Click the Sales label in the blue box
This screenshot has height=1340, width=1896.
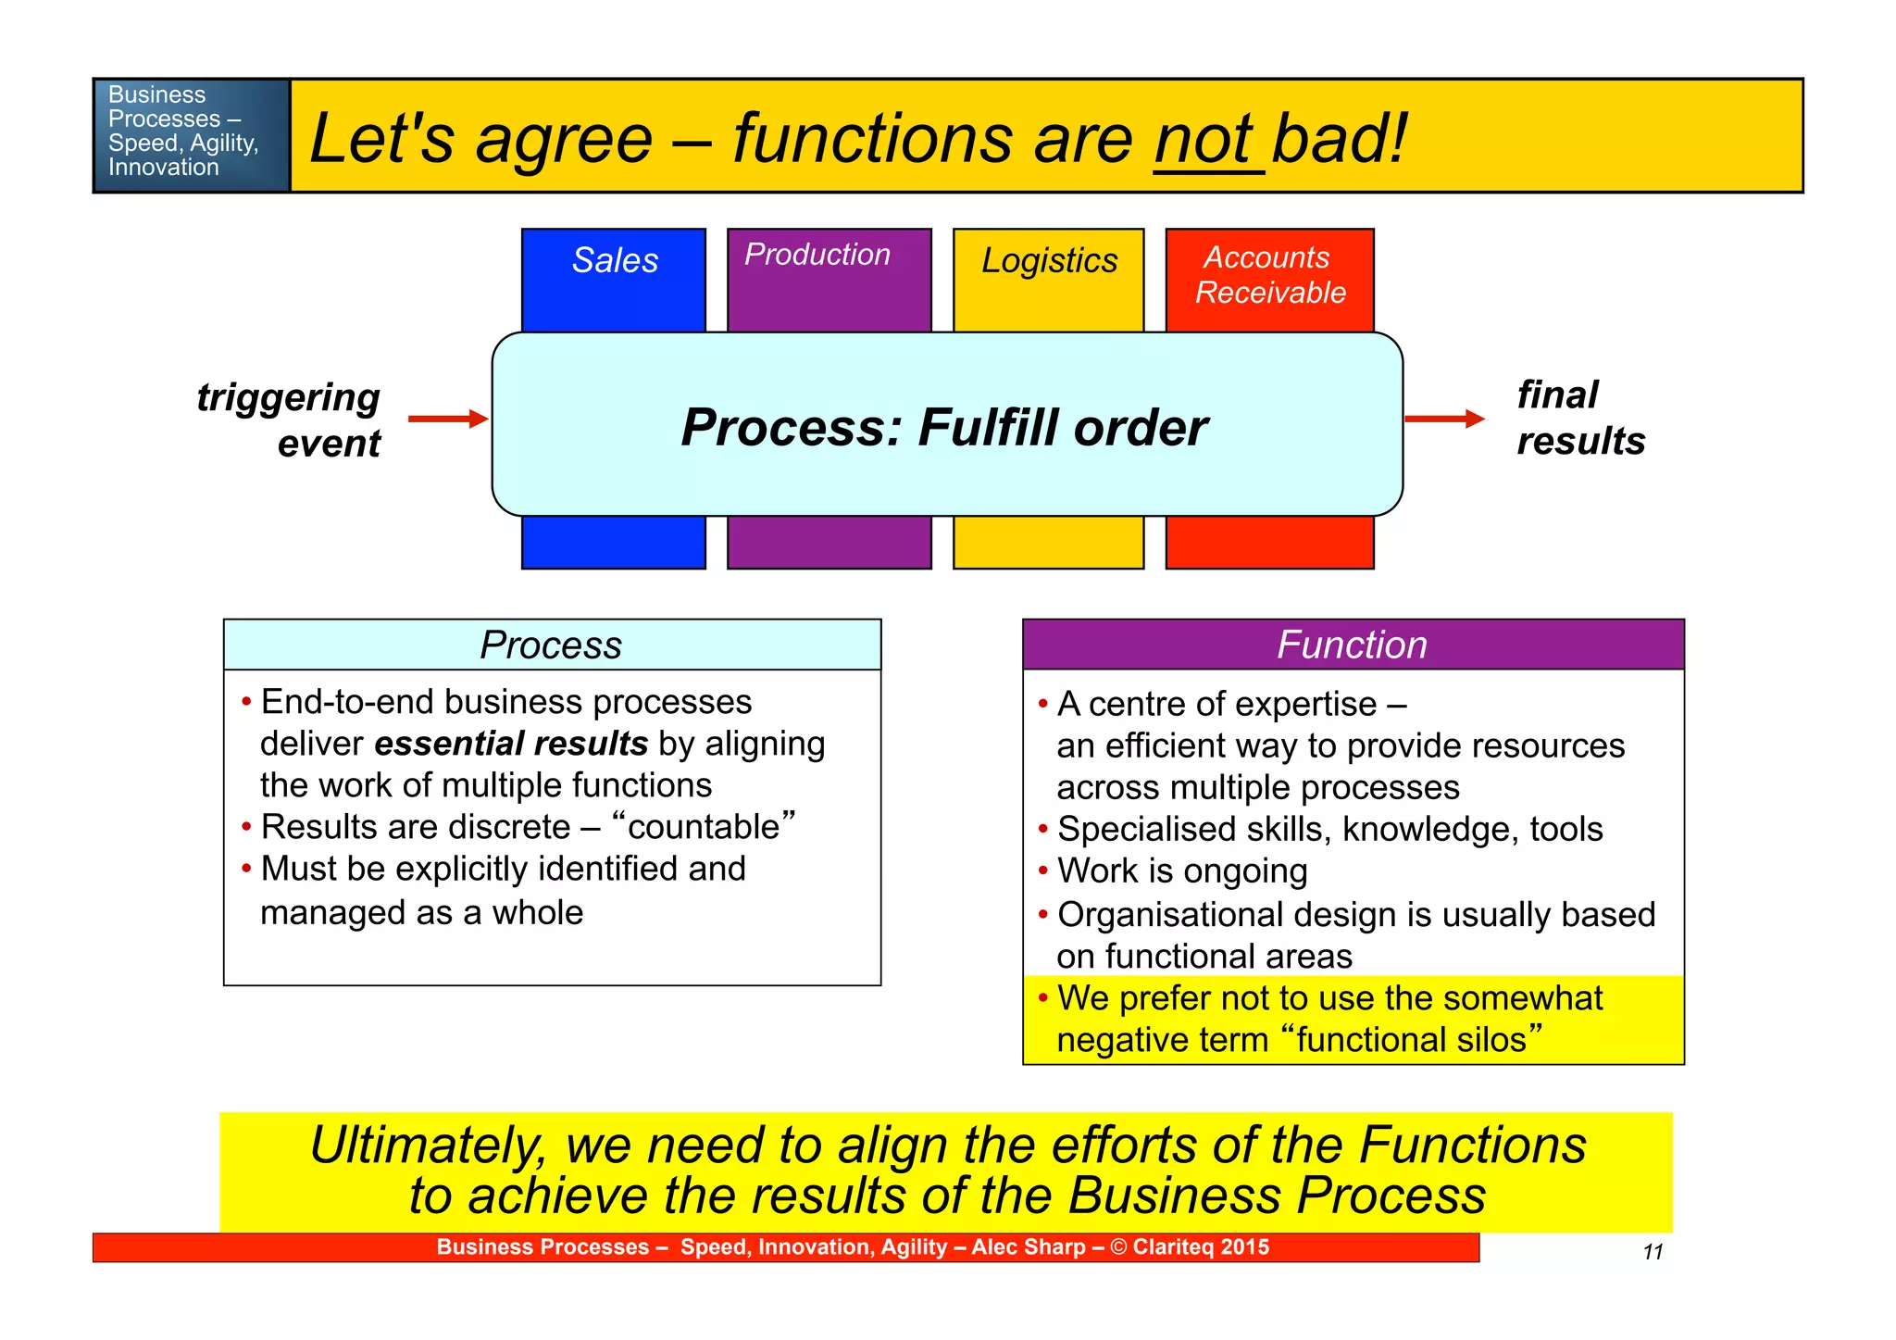coord(615,260)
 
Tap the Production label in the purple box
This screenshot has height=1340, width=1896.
coord(817,255)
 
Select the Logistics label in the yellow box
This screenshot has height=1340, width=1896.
coord(1049,261)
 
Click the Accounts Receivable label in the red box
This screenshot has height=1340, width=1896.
coord(1269,275)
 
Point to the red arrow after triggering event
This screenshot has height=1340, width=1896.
coord(447,419)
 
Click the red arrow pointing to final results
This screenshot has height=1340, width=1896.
coord(1443,419)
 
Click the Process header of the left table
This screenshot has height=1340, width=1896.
coord(551,645)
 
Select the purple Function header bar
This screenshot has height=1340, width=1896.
coord(1352,645)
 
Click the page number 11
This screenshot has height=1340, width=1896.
coord(1653,1252)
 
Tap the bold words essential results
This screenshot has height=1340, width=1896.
coord(511,744)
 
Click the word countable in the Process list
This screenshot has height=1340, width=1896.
coord(704,826)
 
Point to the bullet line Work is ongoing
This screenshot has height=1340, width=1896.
coord(1181,870)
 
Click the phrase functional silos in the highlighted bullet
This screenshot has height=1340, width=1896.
coord(1412,1039)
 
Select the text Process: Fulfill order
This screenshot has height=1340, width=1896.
coord(944,427)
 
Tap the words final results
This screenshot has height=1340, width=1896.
coord(1578,418)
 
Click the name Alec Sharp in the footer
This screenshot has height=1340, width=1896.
coord(1028,1246)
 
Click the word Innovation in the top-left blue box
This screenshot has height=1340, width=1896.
coord(163,168)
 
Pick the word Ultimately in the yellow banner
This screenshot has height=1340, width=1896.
coord(428,1146)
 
